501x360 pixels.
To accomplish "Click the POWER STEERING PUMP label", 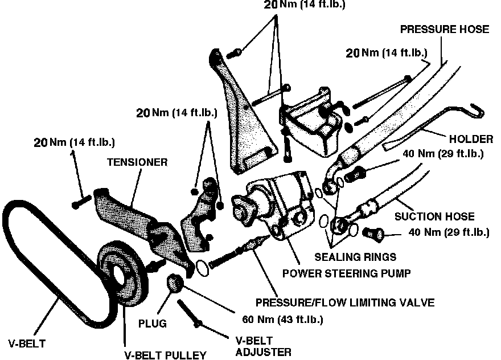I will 347,273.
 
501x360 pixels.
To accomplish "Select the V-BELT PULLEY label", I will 165,355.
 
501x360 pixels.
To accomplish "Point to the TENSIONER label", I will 137,162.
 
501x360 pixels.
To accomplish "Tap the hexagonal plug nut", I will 174,281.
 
